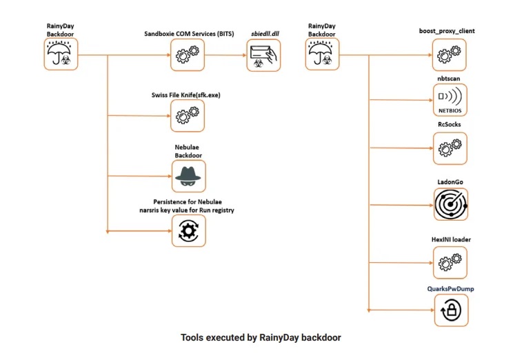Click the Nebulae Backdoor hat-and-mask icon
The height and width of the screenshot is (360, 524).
[189, 176]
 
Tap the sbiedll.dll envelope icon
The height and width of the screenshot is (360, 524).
[263, 55]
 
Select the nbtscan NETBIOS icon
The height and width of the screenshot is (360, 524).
[450, 100]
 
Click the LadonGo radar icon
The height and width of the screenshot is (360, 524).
[451, 204]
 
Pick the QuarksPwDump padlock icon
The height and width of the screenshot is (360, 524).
[451, 310]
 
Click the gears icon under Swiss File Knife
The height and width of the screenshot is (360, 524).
[188, 116]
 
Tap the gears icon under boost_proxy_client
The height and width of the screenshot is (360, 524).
[449, 54]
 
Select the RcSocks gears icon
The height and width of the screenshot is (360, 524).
[450, 148]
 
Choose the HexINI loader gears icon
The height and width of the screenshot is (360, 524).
[450, 263]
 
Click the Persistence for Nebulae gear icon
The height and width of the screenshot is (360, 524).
[189, 230]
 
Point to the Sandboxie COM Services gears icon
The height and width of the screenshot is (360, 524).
[188, 54]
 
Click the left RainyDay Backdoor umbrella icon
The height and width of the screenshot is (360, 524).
[61, 54]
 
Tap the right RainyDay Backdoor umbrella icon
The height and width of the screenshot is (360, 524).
[322, 54]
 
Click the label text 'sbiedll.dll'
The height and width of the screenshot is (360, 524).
[265, 34]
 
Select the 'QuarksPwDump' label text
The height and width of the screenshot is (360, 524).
[450, 289]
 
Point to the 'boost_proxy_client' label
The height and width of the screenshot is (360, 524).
[447, 31]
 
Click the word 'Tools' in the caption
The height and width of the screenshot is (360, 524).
[192, 338]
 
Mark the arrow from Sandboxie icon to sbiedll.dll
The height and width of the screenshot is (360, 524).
[225, 55]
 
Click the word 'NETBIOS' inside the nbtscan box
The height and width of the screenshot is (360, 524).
[450, 110]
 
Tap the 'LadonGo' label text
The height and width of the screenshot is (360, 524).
[450, 182]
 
